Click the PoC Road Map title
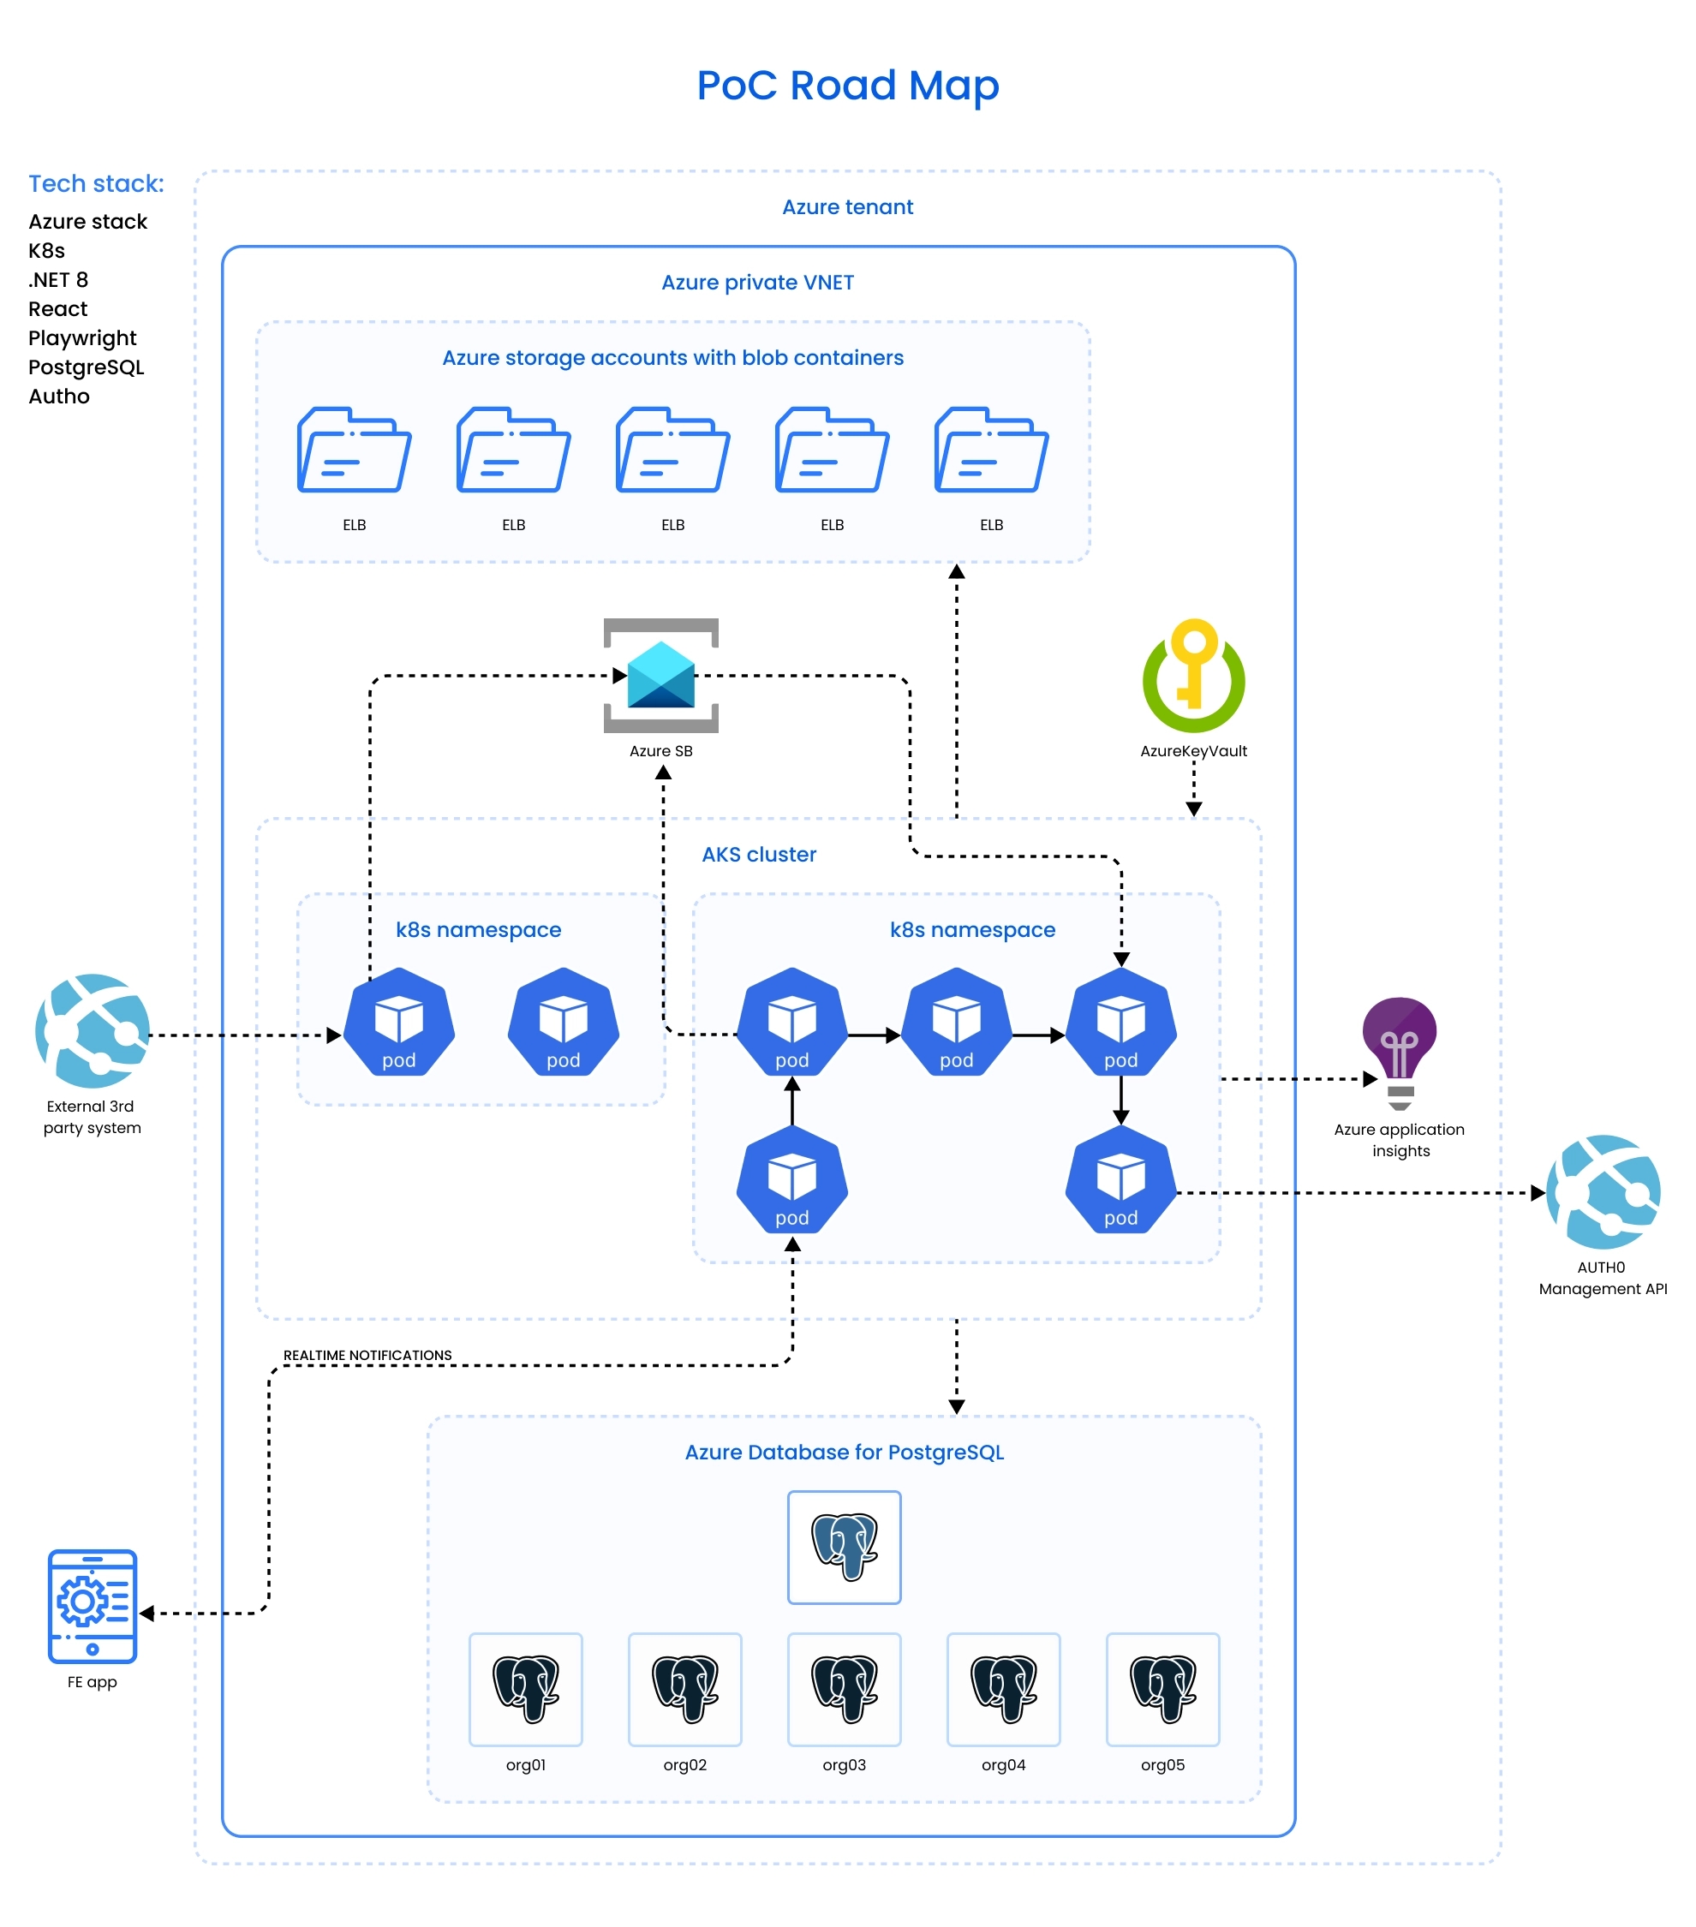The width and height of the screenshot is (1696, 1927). click(846, 86)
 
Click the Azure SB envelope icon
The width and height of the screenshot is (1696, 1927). click(661, 675)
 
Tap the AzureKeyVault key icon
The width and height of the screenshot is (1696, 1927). click(1193, 675)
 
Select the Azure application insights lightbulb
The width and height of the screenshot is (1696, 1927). click(1399, 1050)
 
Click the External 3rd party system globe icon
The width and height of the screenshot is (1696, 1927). click(93, 1030)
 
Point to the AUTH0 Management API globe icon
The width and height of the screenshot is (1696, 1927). click(1603, 1191)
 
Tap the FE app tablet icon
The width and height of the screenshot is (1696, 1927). click(93, 1606)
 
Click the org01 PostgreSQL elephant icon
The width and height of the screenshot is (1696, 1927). click(526, 1689)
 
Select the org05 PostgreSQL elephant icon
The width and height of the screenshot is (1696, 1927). click(1162, 1689)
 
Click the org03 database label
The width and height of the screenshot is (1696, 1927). click(844, 1765)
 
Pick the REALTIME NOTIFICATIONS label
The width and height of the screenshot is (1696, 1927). click(367, 1355)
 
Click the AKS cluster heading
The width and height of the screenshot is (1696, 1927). click(759, 854)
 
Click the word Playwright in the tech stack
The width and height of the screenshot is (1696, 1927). click(82, 337)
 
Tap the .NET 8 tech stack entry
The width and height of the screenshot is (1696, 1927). click(58, 280)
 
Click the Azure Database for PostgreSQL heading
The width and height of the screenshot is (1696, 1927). click(844, 1452)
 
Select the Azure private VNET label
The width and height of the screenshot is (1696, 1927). click(757, 283)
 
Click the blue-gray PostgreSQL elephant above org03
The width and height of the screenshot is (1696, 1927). click(844, 1546)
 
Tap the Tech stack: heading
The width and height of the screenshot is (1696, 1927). click(96, 184)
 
